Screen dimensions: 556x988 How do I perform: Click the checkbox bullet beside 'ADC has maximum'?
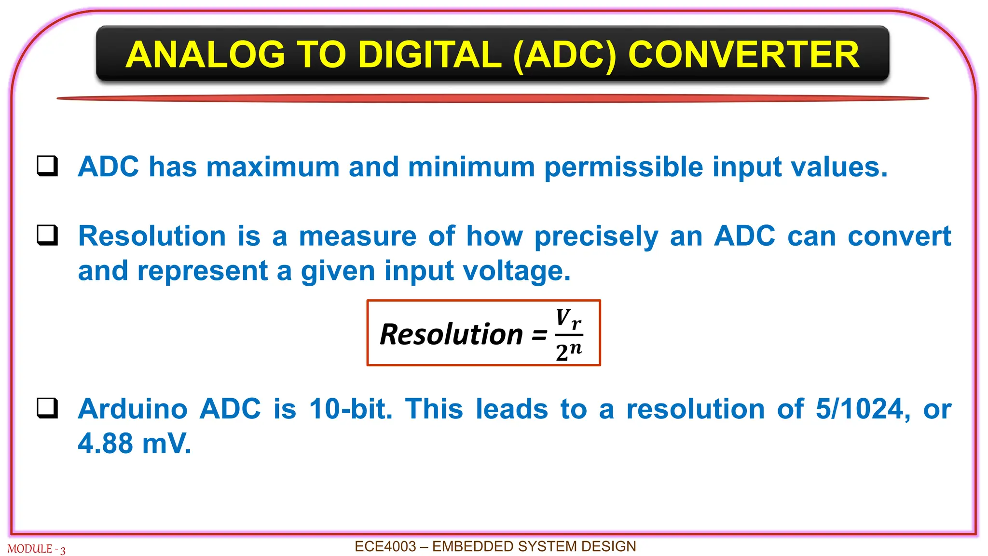click(x=48, y=166)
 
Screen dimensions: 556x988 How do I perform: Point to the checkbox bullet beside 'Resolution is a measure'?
click(x=48, y=236)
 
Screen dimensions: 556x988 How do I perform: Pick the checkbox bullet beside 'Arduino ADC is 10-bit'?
click(x=48, y=408)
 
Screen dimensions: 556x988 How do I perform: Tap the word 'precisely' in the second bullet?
click(x=596, y=237)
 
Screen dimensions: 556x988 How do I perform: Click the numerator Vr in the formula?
click(x=568, y=319)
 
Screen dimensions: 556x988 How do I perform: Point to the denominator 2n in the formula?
click(x=569, y=351)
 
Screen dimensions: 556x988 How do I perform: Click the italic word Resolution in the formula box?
click(x=451, y=334)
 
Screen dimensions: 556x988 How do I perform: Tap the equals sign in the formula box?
click(x=539, y=334)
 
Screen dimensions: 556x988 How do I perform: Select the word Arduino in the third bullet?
click(x=133, y=409)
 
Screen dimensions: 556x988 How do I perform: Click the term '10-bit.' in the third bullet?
click(x=351, y=409)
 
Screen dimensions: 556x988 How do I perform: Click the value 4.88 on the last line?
click(x=105, y=443)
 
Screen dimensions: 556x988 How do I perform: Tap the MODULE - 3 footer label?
click(x=36, y=549)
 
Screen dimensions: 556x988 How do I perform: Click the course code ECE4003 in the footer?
click(x=385, y=546)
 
